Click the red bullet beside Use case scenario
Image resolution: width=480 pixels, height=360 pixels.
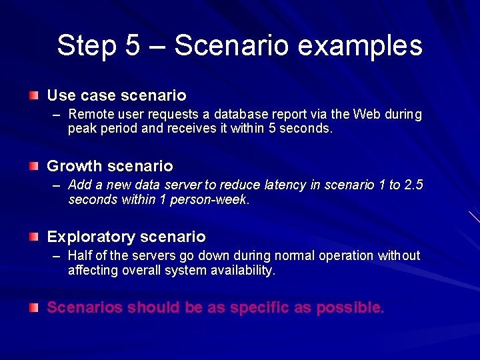point(33,96)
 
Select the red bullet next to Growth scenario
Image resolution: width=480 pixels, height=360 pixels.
point(33,166)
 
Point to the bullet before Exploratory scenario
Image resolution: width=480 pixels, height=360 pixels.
point(33,237)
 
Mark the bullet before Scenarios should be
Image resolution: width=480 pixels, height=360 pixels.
point(33,307)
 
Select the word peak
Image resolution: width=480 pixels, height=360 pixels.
point(82,129)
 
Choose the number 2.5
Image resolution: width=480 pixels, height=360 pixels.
point(414,185)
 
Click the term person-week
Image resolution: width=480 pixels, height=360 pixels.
point(214,199)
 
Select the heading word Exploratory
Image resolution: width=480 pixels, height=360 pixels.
point(89,237)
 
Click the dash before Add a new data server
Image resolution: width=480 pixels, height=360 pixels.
point(57,185)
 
